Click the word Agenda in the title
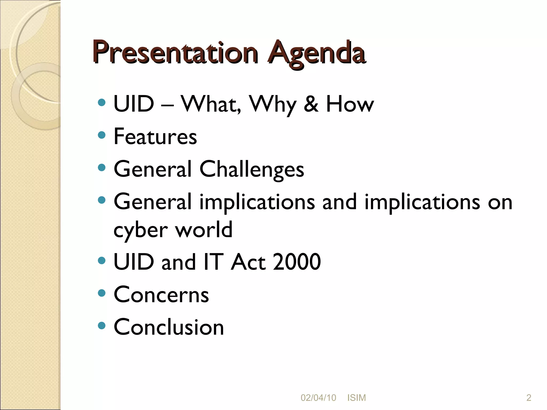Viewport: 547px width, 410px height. coord(317,53)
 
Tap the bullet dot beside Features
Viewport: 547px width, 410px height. coord(102,135)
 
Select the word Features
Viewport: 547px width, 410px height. coord(155,136)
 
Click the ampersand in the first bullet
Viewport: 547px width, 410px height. coord(311,104)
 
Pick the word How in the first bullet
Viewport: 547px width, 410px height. coord(350,104)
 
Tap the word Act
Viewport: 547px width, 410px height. coord(248,262)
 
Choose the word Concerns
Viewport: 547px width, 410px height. coord(161,294)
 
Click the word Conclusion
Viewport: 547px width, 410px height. coord(169,327)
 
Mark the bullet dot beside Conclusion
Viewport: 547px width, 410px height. coord(102,326)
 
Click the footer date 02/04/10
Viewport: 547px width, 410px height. coord(318,398)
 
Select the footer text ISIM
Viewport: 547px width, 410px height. coord(357,398)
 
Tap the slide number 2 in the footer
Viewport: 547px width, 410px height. coord(529,398)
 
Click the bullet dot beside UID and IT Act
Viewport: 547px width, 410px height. coord(102,261)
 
